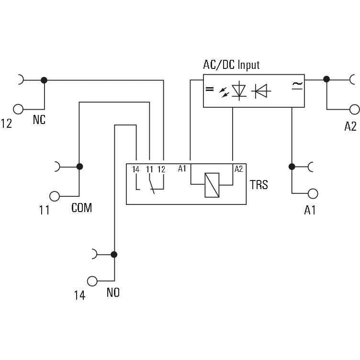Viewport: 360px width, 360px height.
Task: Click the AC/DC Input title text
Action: [x=231, y=65]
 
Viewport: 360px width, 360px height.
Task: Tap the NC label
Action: [x=39, y=120]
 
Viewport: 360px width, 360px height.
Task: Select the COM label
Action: [x=81, y=208]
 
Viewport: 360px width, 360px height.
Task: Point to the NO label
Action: [x=113, y=292]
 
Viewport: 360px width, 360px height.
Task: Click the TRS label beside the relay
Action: [x=259, y=185]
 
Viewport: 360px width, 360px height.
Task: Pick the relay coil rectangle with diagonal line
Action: [x=212, y=185]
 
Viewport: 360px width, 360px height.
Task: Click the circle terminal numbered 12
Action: [x=18, y=109]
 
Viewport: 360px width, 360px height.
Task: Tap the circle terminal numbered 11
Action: [x=55, y=196]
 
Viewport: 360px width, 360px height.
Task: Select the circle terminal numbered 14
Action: [x=92, y=281]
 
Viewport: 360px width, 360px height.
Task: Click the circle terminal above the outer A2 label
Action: [x=354, y=109]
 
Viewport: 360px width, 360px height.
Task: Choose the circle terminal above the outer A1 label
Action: [x=313, y=194]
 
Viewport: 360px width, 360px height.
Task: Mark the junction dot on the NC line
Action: [x=44, y=80]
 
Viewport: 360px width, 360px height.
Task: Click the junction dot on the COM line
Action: [x=79, y=167]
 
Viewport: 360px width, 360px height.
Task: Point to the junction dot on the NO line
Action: [x=114, y=254]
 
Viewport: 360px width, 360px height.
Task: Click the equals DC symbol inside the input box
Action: [x=210, y=89]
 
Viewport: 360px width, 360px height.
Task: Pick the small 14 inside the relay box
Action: [x=135, y=169]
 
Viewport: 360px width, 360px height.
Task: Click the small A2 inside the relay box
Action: [x=238, y=169]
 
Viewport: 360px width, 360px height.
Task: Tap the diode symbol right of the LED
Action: [x=261, y=91]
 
